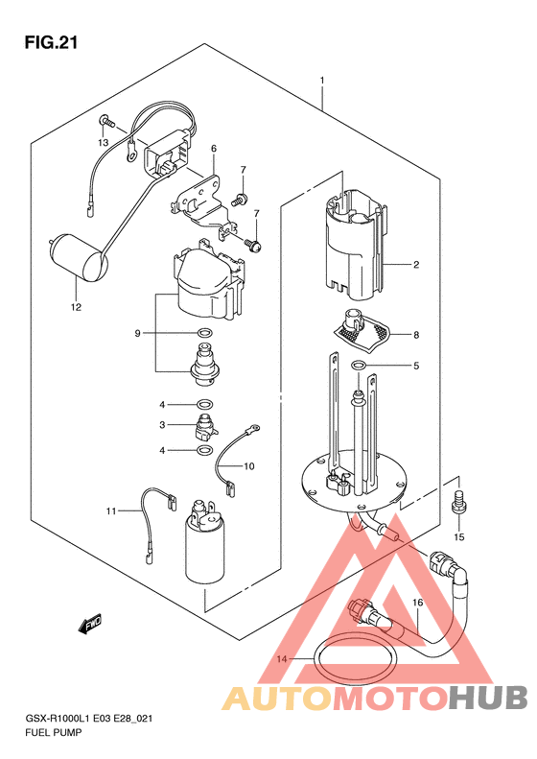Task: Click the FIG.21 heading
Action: [x=51, y=42]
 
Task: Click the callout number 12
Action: [x=76, y=307]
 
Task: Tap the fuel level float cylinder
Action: [x=79, y=258]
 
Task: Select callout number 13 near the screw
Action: [x=103, y=143]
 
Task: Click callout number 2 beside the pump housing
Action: [x=416, y=265]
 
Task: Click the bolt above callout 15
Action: [x=458, y=504]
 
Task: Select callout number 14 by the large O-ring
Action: [x=282, y=659]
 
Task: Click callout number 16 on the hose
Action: [x=418, y=603]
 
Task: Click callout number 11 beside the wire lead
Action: [x=111, y=510]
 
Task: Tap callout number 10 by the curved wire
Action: [x=248, y=466]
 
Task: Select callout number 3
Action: [x=163, y=425]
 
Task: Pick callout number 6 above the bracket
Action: [x=213, y=148]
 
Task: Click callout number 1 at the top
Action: [x=322, y=81]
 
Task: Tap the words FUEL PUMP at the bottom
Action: [x=53, y=732]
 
